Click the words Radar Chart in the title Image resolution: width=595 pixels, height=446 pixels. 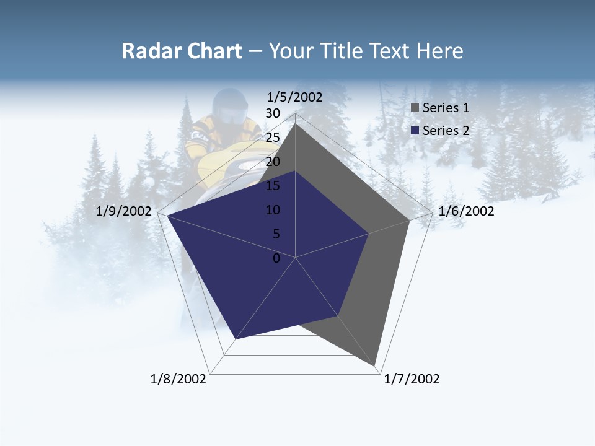182,51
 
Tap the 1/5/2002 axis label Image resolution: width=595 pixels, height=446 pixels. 294,97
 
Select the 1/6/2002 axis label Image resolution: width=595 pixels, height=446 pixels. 466,211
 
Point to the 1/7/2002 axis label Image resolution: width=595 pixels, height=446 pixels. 412,379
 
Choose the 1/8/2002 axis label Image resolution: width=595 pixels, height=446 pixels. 178,379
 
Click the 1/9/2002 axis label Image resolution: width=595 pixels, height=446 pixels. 124,211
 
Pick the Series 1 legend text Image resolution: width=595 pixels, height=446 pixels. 446,108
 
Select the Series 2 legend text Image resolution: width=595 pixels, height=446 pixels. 446,131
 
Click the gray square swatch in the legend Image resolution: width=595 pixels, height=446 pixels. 415,108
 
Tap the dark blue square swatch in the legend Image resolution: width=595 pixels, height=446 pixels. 415,131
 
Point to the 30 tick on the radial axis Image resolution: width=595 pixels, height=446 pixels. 273,113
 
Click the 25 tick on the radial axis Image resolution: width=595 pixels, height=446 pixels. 273,138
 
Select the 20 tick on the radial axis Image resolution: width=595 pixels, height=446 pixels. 273,162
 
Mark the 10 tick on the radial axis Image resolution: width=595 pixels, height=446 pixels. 273,210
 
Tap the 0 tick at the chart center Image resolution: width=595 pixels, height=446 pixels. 276,258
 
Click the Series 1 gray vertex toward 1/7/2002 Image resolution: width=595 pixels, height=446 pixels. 376,366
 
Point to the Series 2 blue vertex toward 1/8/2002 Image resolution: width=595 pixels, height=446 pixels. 236,339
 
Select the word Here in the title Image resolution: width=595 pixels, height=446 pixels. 440,51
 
